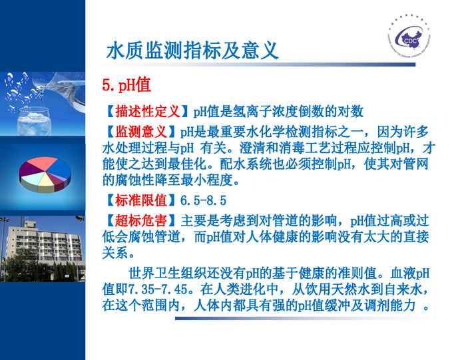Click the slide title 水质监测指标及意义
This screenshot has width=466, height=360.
coord(192,51)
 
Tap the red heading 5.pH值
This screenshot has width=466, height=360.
coord(126,85)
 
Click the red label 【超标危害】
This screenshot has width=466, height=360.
coord(141,220)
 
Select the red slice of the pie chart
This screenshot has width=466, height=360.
coord(41,164)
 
